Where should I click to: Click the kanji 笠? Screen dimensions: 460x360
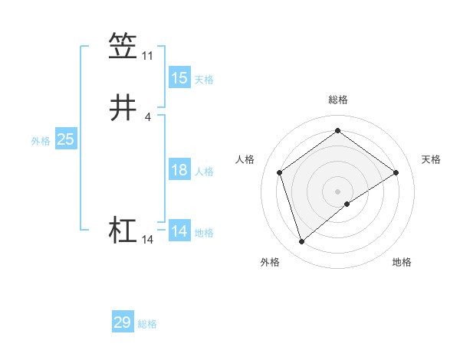coord(123,45)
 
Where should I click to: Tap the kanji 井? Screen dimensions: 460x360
coord(123,107)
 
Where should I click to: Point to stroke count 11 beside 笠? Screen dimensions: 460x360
coord(147,56)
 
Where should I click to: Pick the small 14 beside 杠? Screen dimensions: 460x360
coord(147,240)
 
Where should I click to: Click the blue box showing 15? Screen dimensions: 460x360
coord(179,78)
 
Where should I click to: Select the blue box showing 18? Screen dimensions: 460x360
coord(179,170)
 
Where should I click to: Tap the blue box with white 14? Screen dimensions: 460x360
coord(179,231)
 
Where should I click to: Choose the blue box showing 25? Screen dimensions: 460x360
coord(66,139)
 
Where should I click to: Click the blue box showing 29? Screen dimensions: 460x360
coord(122,322)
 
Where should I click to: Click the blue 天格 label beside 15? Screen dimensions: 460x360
coord(203,80)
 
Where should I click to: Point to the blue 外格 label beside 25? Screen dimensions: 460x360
coord(41,141)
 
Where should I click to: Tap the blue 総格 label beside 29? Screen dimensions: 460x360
coord(147,324)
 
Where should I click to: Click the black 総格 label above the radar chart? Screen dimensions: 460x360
coord(338,100)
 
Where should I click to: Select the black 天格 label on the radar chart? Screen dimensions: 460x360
coord(431,159)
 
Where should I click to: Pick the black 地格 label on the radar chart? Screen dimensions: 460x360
coord(402,262)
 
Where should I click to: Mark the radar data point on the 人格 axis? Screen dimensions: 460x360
coord(280,172)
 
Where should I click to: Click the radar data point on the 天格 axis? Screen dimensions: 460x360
coord(396,172)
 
